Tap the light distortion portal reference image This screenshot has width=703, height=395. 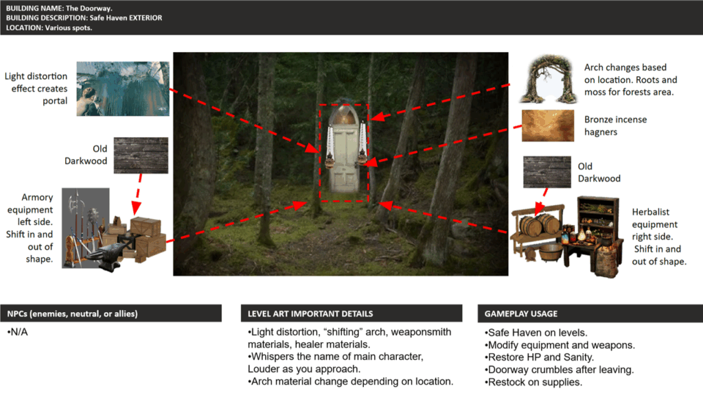(x=123, y=88)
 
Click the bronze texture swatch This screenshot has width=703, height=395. (x=548, y=126)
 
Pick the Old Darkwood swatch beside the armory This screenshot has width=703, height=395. (x=141, y=155)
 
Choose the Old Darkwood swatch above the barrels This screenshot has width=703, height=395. (x=547, y=172)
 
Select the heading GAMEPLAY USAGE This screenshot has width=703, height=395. (x=521, y=313)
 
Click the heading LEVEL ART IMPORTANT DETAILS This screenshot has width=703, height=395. (x=310, y=313)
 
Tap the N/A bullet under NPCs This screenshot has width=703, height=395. (x=17, y=332)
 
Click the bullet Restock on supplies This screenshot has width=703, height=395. (x=533, y=382)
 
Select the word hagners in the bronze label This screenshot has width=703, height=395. (x=601, y=132)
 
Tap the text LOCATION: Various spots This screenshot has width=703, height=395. (x=49, y=27)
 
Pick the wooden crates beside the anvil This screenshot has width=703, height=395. (x=144, y=238)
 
